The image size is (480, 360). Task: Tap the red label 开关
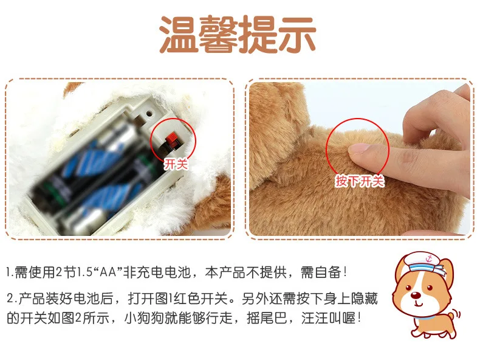pyautogui.click(x=176, y=164)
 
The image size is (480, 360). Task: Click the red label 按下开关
pyautogui.click(x=359, y=181)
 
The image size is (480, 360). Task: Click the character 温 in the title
pyautogui.click(x=178, y=34)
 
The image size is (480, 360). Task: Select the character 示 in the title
pyautogui.click(x=297, y=34)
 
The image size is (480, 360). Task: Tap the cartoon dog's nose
pyautogui.click(x=416, y=296)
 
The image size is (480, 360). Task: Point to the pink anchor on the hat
pyautogui.click(x=428, y=259)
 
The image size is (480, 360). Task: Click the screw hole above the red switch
pyautogui.click(x=149, y=113)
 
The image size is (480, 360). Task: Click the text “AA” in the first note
pyautogui.click(x=107, y=272)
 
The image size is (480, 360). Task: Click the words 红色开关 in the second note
pyautogui.click(x=200, y=298)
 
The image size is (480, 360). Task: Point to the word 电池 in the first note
pyautogui.click(x=178, y=272)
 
